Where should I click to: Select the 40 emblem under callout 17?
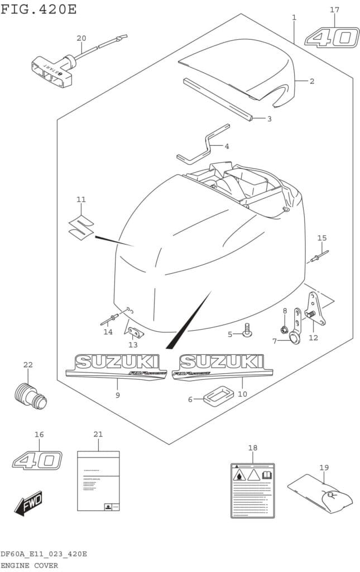pyautogui.click(x=332, y=38)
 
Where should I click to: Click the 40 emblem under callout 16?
pyautogui.click(x=37, y=460)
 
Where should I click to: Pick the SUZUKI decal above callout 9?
pyautogui.click(x=117, y=366)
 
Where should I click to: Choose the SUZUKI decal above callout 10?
pyautogui.click(x=222, y=366)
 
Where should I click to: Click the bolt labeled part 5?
pyautogui.click(x=246, y=331)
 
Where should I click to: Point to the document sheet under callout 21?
pyautogui.click(x=98, y=480)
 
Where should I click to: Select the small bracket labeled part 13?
pyautogui.click(x=135, y=333)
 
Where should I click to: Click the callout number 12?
pyautogui.click(x=313, y=337)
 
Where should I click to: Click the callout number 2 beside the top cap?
pyautogui.click(x=311, y=82)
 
